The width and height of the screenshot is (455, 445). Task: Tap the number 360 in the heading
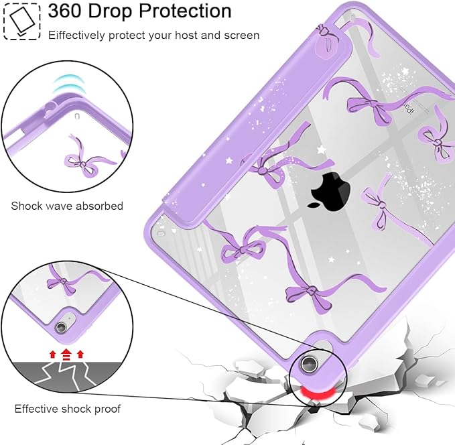click(x=64, y=11)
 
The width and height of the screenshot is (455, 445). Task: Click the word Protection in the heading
click(x=185, y=11)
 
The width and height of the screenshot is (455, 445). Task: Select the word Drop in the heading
click(x=110, y=12)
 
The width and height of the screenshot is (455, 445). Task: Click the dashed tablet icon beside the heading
click(x=22, y=21)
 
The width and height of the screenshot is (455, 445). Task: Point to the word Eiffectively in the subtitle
click(x=76, y=36)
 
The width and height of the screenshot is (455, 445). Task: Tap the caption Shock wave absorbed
click(x=67, y=206)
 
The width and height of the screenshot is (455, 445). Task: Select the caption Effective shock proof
click(x=67, y=409)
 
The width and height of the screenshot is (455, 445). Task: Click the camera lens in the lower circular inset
click(x=61, y=327)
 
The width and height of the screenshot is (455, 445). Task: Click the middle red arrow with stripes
click(x=66, y=354)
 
